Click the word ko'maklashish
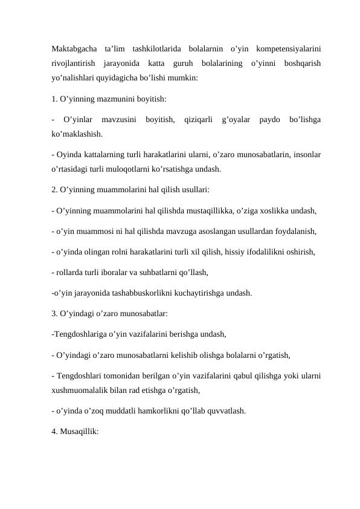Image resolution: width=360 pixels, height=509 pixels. (77, 134)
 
